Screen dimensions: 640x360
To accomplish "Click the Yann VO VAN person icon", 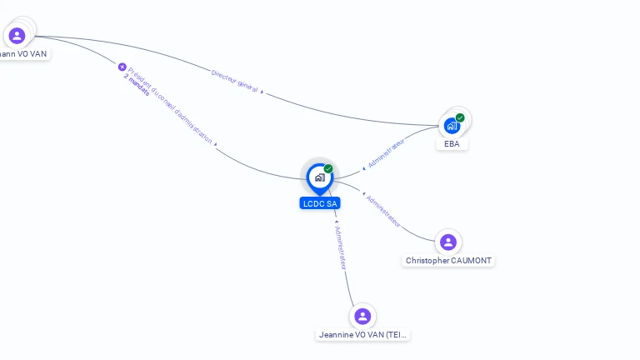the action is (17, 36).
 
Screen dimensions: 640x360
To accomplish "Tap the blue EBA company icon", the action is (451, 126).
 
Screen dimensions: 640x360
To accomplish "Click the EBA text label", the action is (452, 144).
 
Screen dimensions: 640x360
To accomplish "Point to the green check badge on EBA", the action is (460, 117).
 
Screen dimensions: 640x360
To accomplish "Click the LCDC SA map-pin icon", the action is (319, 177).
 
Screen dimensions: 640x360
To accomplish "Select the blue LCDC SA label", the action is (320, 203).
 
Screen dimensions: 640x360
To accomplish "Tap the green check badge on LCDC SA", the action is (328, 168).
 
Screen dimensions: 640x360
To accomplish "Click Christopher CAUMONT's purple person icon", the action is (448, 242).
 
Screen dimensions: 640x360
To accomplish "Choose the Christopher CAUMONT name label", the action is (448, 261).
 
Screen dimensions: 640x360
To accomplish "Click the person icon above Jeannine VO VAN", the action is (362, 317).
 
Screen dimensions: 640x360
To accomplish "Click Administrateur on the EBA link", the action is (387, 154).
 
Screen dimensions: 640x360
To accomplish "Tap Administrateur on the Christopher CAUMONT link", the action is (383, 211).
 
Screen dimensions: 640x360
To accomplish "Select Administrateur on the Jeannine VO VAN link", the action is (340, 247).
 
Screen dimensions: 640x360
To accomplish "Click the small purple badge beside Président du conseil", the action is (122, 67).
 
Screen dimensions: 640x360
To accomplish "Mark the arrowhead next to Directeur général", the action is (262, 92).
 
